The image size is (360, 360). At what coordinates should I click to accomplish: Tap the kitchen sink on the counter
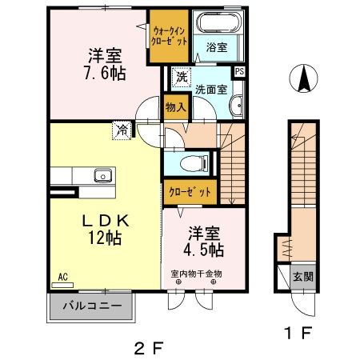point(102,176)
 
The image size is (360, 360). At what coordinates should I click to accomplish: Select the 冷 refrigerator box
point(123,130)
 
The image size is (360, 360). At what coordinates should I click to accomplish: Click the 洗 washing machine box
point(181,78)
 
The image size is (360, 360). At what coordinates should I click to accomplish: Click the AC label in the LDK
point(62,277)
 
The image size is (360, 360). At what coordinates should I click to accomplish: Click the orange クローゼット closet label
point(190,192)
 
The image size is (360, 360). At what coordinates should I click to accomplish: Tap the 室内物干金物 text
point(196,275)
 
